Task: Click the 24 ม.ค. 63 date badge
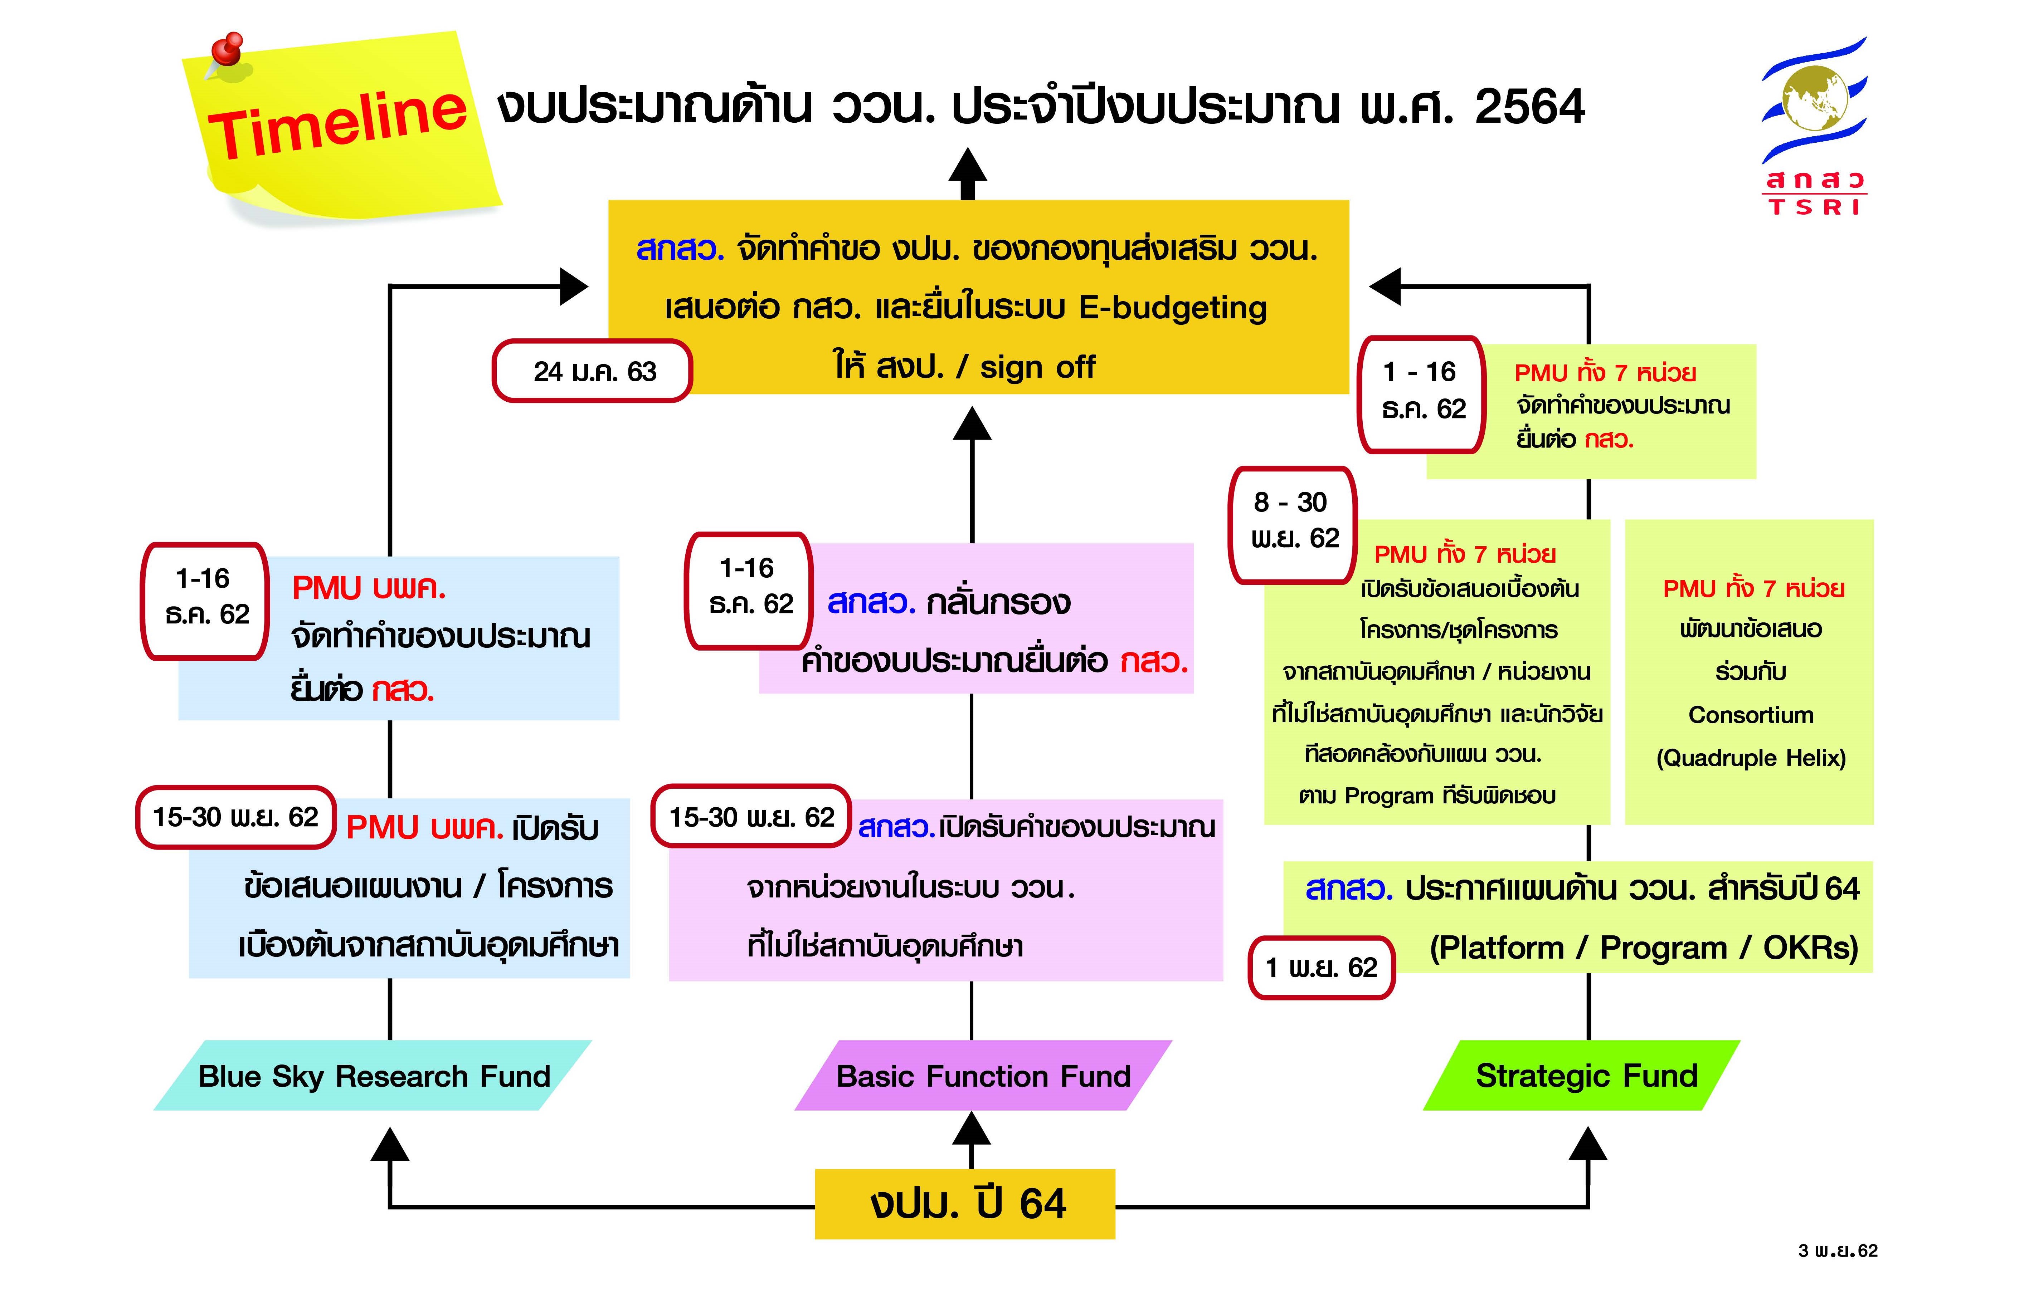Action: [x=593, y=371]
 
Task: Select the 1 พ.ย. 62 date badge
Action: [x=1321, y=967]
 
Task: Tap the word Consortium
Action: [x=1751, y=715]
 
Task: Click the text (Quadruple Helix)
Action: [x=1751, y=758]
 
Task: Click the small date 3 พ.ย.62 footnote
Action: [x=1838, y=1250]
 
